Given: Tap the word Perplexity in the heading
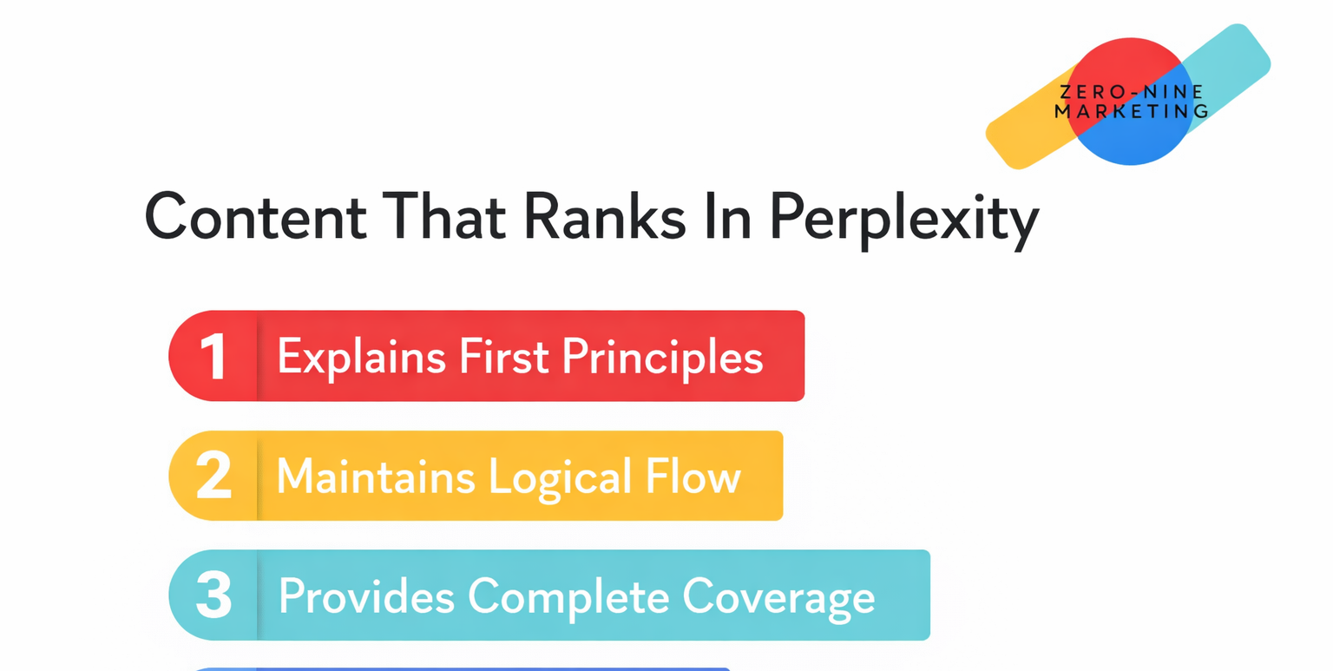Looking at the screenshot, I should point(903,217).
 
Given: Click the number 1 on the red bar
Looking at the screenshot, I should point(213,357).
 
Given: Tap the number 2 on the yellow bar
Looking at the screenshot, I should point(213,476).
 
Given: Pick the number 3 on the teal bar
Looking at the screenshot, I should point(213,595).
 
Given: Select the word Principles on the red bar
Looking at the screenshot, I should point(663,357).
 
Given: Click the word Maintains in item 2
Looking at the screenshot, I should point(376,476).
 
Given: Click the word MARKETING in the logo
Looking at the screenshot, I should point(1131,111).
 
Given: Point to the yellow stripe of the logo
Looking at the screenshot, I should point(1024,131).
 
